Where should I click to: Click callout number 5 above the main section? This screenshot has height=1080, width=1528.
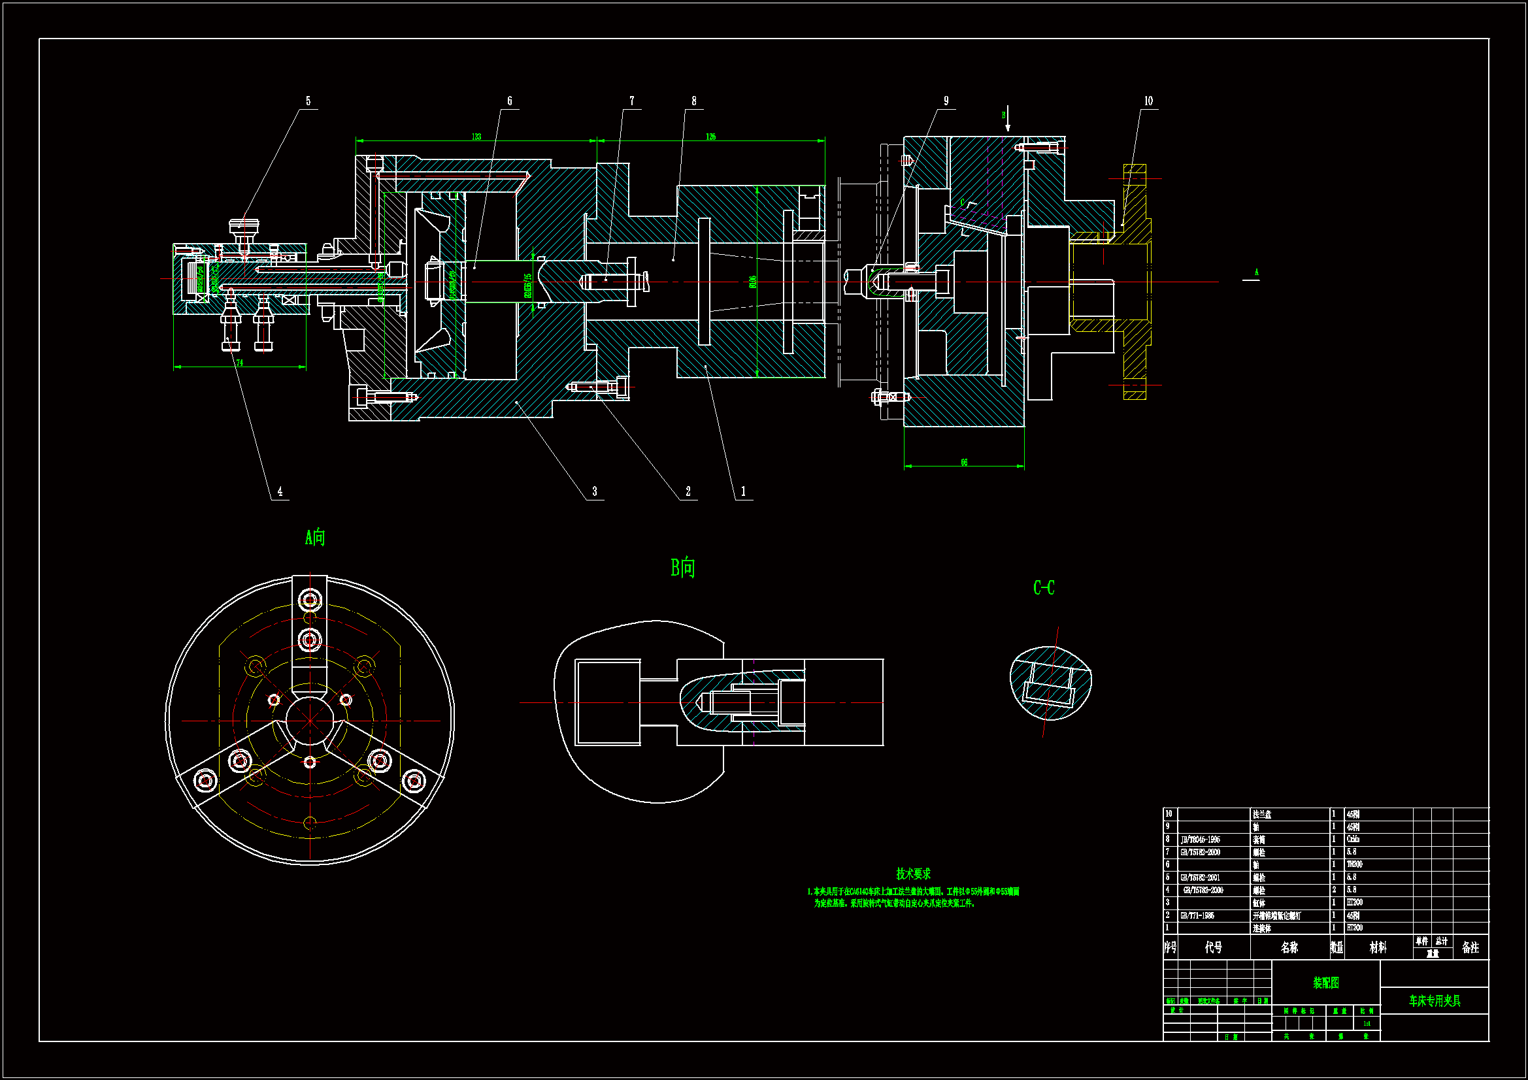coord(308,101)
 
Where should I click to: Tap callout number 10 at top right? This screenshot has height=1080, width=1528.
coord(1148,101)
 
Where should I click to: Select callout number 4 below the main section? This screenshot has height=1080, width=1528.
coord(280,492)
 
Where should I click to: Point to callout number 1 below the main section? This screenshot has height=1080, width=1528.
coord(743,492)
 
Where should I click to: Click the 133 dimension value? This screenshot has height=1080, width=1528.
coord(476,137)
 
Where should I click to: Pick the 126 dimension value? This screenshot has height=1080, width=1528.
coord(711,137)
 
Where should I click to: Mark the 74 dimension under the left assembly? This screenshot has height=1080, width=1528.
coord(240,363)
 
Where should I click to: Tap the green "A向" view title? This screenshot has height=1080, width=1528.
coord(315,537)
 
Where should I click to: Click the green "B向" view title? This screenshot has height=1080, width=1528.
coord(683,568)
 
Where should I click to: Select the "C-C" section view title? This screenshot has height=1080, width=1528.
coord(1044,587)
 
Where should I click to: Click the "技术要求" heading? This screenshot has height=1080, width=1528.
coord(913,874)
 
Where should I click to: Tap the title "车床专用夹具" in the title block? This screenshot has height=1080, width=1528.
coord(1435,1001)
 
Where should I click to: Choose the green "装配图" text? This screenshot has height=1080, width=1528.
coord(1326,983)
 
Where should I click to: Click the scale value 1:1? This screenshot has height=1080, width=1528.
coord(1367,1024)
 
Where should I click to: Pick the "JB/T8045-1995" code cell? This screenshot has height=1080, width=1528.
coord(1201,840)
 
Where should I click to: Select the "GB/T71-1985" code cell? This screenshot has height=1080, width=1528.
coord(1197,915)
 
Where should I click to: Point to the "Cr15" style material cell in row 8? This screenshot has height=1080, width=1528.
coord(1353,840)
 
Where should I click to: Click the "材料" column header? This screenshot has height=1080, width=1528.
coord(1378,947)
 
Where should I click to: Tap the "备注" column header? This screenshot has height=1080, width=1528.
coord(1470,947)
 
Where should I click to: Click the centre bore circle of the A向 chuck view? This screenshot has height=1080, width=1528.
coord(310,721)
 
